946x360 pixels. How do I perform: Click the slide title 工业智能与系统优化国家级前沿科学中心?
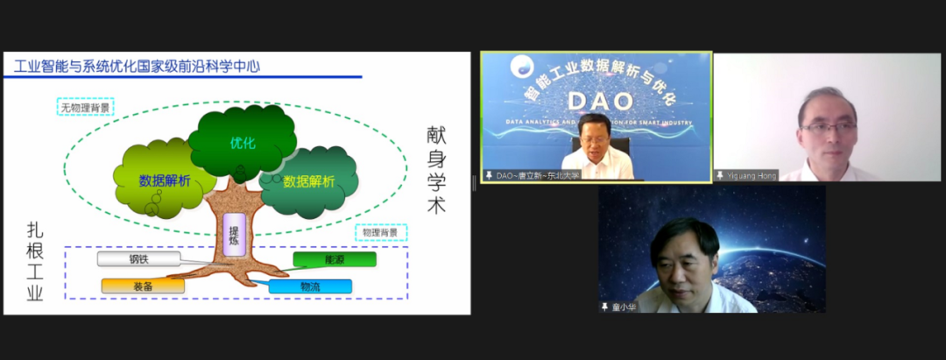(x=136, y=66)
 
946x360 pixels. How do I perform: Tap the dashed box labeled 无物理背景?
(x=87, y=109)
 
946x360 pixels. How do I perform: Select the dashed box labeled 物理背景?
(x=381, y=233)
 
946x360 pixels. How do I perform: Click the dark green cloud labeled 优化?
(x=243, y=143)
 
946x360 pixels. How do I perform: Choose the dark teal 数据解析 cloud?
(x=309, y=181)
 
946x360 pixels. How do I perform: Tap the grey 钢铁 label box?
(x=138, y=258)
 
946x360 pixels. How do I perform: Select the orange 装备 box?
(x=143, y=286)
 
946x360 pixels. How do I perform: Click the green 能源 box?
(x=335, y=259)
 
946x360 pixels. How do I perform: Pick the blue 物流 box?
(x=310, y=286)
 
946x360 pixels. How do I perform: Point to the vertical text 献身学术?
(x=435, y=170)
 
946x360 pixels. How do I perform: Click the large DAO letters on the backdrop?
(x=596, y=101)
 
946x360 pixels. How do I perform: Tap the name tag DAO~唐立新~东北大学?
(x=532, y=175)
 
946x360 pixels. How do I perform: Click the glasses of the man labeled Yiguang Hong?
(x=827, y=128)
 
